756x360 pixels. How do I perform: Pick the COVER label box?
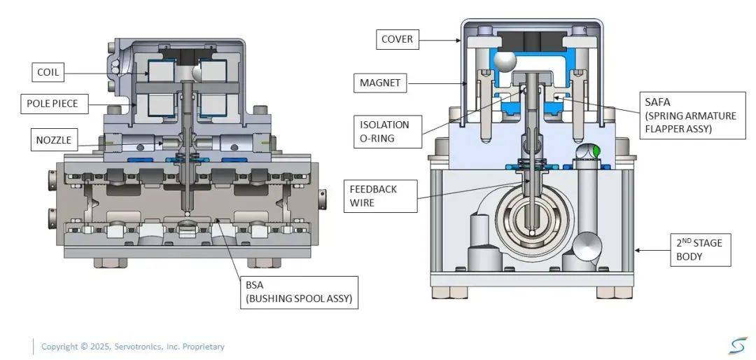397,39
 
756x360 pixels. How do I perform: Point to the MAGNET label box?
380,83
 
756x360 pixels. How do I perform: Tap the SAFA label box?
690,116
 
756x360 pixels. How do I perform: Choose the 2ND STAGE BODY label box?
700,250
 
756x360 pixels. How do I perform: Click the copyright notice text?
133,347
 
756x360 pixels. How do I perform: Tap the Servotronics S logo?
737,345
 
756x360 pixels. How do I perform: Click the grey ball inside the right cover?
503,63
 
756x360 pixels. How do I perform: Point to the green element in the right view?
596,151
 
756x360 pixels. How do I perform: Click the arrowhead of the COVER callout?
460,41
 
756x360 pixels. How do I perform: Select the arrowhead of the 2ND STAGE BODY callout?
633,250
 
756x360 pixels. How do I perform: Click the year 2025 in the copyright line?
100,347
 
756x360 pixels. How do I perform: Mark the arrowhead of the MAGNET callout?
468,84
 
